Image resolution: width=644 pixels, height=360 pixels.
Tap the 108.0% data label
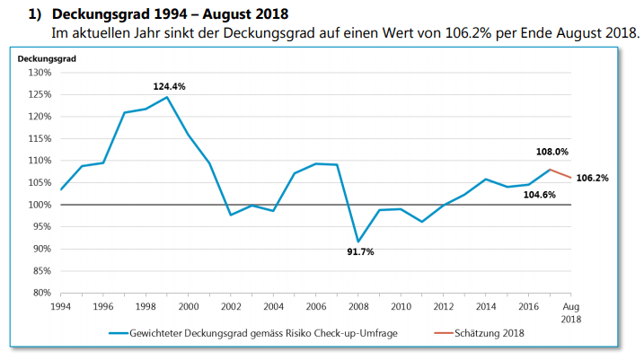tap(551, 153)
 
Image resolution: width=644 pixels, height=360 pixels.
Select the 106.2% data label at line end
tap(593, 178)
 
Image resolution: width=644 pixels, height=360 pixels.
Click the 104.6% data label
tap(540, 194)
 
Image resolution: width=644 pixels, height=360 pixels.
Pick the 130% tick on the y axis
tap(38, 73)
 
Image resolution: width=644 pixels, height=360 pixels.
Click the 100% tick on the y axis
tap(38, 205)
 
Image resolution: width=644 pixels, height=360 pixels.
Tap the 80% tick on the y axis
tap(40, 293)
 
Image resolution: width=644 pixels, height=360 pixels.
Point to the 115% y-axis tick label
tap(38, 139)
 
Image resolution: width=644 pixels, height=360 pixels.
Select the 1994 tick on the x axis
tap(61, 306)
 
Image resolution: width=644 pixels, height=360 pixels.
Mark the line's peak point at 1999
tap(167, 97)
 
